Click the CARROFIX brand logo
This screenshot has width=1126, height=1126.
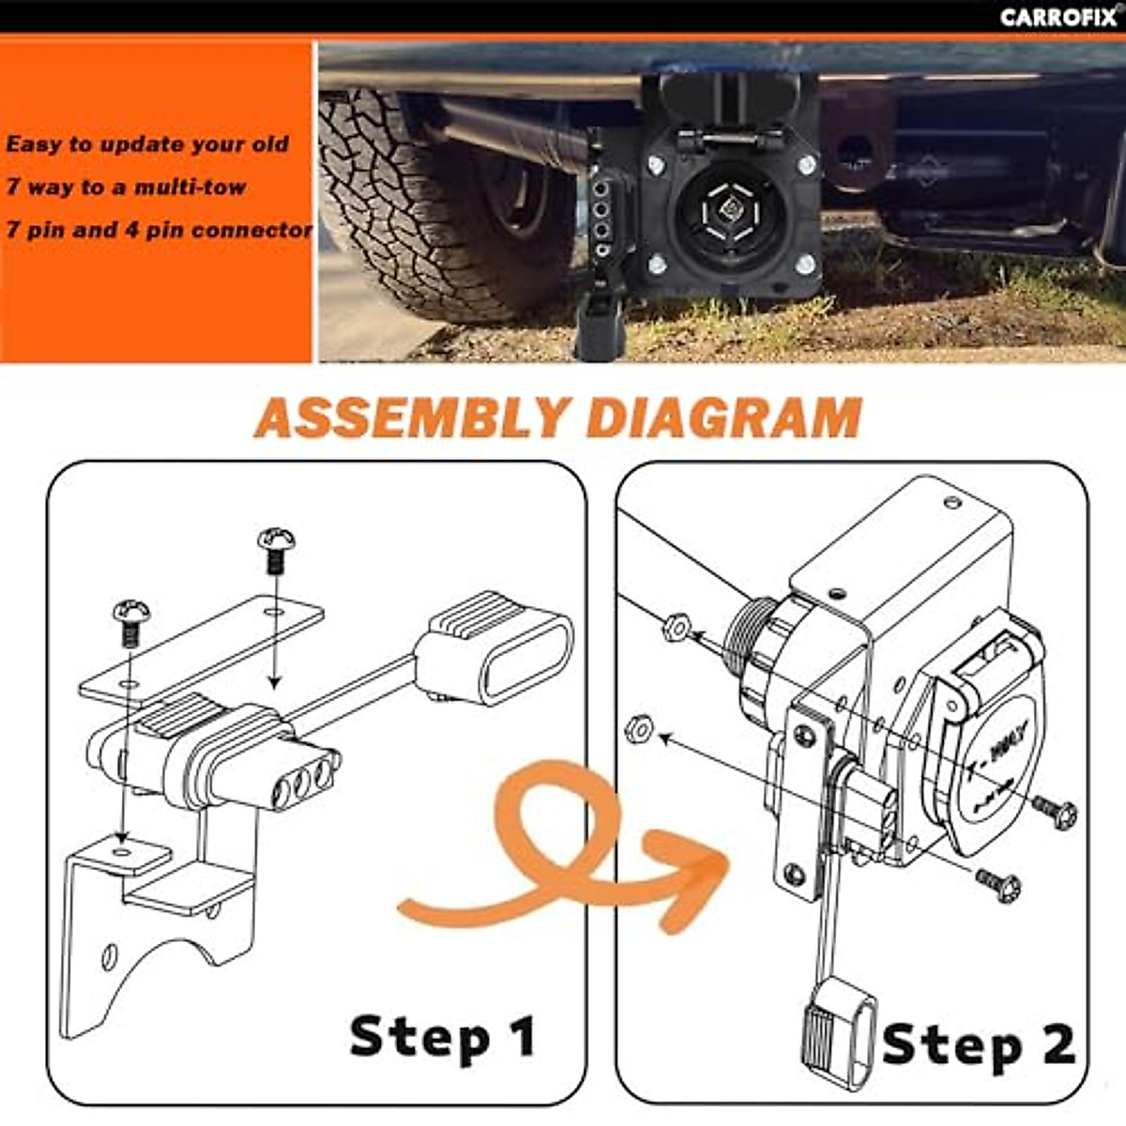click(x=1058, y=17)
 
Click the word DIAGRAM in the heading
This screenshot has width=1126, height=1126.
click(x=723, y=418)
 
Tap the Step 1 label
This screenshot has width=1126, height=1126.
click(x=442, y=1037)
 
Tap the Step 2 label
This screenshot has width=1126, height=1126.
click(x=978, y=1044)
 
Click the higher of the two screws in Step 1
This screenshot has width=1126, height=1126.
click(x=276, y=549)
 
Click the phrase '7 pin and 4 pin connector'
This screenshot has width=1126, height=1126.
click(x=158, y=230)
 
